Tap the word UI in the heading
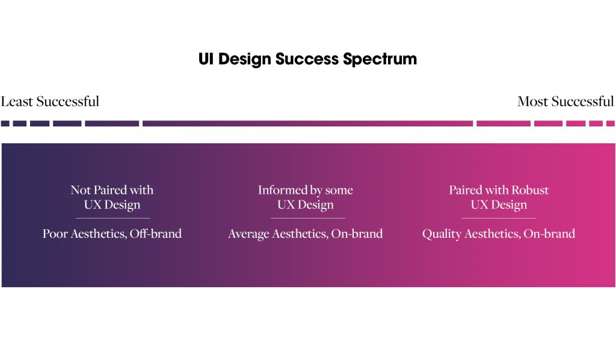pyautogui.click(x=206, y=60)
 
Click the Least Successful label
pyautogui.click(x=50, y=101)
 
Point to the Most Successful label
pyautogui.click(x=565, y=101)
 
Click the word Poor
pyautogui.click(x=55, y=234)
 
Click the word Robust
pyautogui.click(x=530, y=190)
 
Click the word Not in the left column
pyautogui.click(x=80, y=190)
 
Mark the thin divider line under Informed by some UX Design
pyautogui.click(x=306, y=218)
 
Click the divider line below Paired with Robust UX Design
pyautogui.click(x=499, y=218)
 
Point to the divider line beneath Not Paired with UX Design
pyautogui.click(x=112, y=218)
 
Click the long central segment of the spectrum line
pyautogui.click(x=307, y=123)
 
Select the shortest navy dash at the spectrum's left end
pyautogui.click(x=5, y=123)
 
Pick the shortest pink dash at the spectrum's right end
pyautogui.click(x=611, y=123)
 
